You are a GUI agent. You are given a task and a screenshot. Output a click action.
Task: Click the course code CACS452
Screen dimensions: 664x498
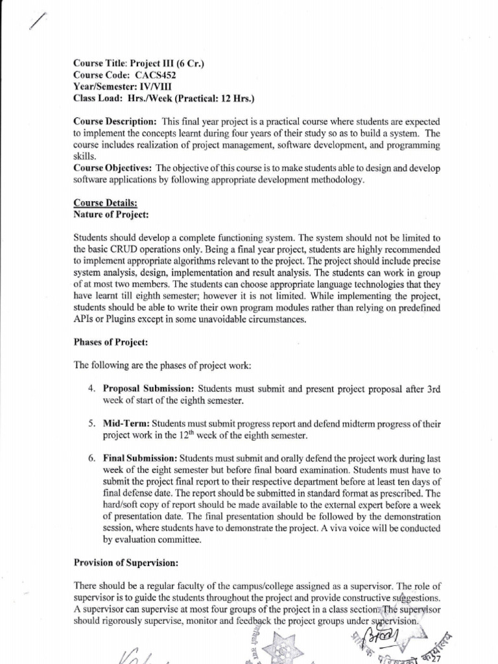pyautogui.click(x=155, y=75)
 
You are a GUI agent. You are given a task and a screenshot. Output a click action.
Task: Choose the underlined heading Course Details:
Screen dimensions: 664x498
pyautogui.click(x=101, y=203)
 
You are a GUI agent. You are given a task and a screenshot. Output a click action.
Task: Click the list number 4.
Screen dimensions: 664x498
pyautogui.click(x=91, y=388)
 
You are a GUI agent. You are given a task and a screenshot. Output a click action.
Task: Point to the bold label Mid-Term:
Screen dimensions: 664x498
pyautogui.click(x=126, y=423)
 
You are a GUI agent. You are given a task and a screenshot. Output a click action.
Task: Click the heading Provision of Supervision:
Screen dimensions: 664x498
pyautogui.click(x=126, y=563)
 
